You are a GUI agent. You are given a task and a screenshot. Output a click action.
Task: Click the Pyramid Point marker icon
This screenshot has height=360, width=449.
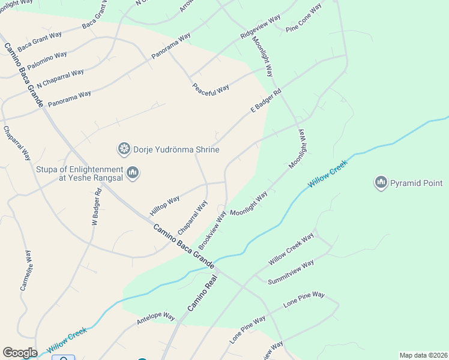coord(380,182)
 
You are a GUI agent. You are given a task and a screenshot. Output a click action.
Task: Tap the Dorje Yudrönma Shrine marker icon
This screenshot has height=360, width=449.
coord(124,148)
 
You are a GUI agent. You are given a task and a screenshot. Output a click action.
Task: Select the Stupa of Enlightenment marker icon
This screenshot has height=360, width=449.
coord(133,173)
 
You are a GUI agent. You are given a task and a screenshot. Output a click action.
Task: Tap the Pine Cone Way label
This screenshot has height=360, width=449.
coord(304,18)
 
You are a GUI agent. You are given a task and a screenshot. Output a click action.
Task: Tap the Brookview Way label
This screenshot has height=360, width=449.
coord(212,230)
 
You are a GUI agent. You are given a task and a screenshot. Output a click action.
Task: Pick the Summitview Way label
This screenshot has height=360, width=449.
coord(291,272)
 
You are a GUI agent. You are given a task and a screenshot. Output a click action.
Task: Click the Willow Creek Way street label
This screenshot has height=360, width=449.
coord(291,249)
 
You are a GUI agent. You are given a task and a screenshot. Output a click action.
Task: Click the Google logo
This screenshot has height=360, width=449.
coord(20,353)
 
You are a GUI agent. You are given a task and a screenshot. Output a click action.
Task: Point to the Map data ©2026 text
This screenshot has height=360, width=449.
coord(423,355)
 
